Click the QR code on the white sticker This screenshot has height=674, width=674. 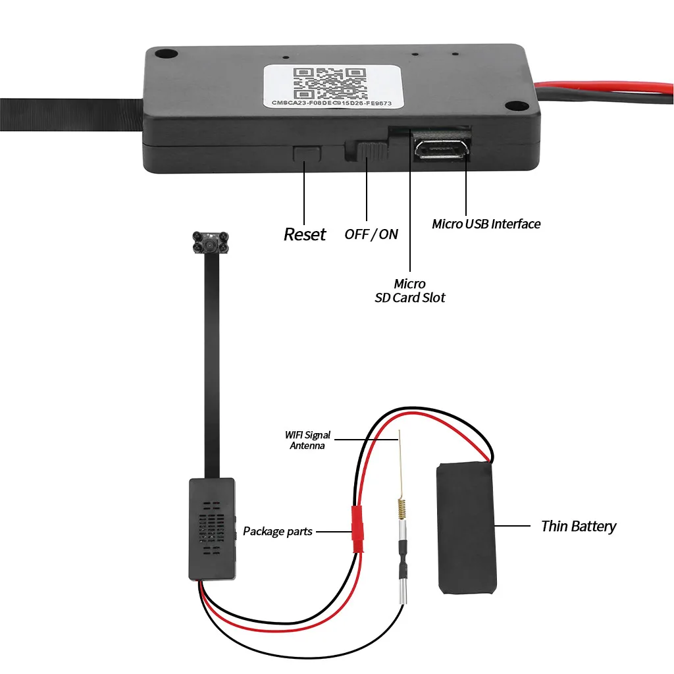pyautogui.click(x=330, y=83)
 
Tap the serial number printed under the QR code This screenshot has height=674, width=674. pyautogui.click(x=332, y=103)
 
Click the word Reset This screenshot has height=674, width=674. pyautogui.click(x=305, y=234)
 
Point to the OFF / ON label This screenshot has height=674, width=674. pyautogui.click(x=371, y=234)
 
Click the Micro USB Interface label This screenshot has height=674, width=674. pyautogui.click(x=486, y=224)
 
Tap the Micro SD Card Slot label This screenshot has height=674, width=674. pyautogui.click(x=409, y=290)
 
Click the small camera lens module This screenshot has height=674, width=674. pyautogui.click(x=210, y=244)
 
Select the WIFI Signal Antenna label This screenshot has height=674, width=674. pyautogui.click(x=307, y=440)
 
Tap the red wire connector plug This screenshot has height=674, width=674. pyautogui.click(x=357, y=529)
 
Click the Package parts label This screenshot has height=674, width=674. pyautogui.click(x=278, y=531)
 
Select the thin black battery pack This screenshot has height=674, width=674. pyautogui.click(x=466, y=528)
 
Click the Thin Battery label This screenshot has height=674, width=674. pyautogui.click(x=579, y=526)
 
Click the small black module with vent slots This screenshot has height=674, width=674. pyautogui.click(x=212, y=529)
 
